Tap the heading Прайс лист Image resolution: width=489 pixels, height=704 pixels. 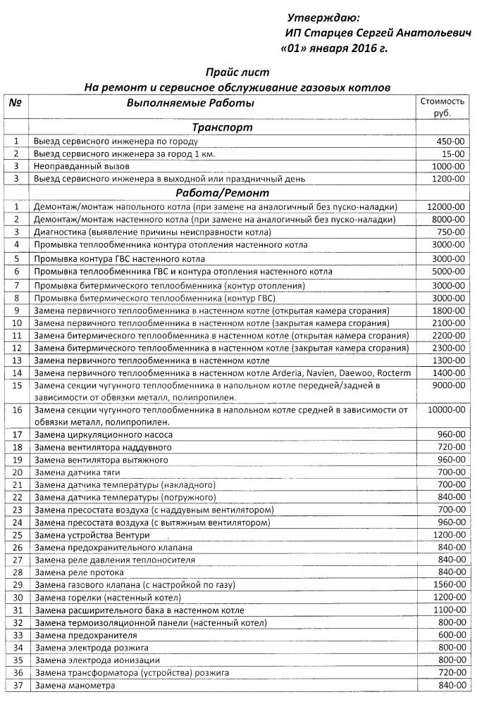pyautogui.click(x=237, y=73)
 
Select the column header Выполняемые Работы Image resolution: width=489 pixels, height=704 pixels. pyautogui.click(x=190, y=103)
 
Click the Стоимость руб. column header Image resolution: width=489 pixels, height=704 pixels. pyautogui.click(x=442, y=107)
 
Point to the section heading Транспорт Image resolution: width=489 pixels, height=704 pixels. pyautogui.click(x=222, y=128)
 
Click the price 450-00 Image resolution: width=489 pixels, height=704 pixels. pyautogui.click(x=451, y=141)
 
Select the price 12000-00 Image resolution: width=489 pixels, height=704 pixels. pyautogui.click(x=446, y=206)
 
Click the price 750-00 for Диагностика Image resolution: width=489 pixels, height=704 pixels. pyautogui.click(x=451, y=232)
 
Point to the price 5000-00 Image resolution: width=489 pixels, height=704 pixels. pyautogui.click(x=449, y=271)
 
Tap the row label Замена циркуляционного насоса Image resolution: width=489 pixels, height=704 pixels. pyautogui.click(x=103, y=436)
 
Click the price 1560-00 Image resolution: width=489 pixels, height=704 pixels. pyautogui.click(x=449, y=585)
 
